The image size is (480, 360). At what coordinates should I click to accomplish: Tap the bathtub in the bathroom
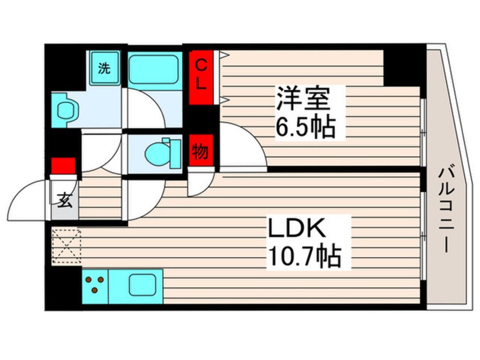[154, 69]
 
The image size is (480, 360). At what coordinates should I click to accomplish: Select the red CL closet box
[201, 78]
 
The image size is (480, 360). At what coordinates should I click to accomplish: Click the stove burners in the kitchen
[95, 284]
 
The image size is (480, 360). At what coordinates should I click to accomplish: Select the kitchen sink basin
[138, 284]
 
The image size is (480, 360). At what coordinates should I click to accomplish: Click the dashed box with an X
[66, 245]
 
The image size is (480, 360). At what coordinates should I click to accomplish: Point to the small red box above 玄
[63, 166]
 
